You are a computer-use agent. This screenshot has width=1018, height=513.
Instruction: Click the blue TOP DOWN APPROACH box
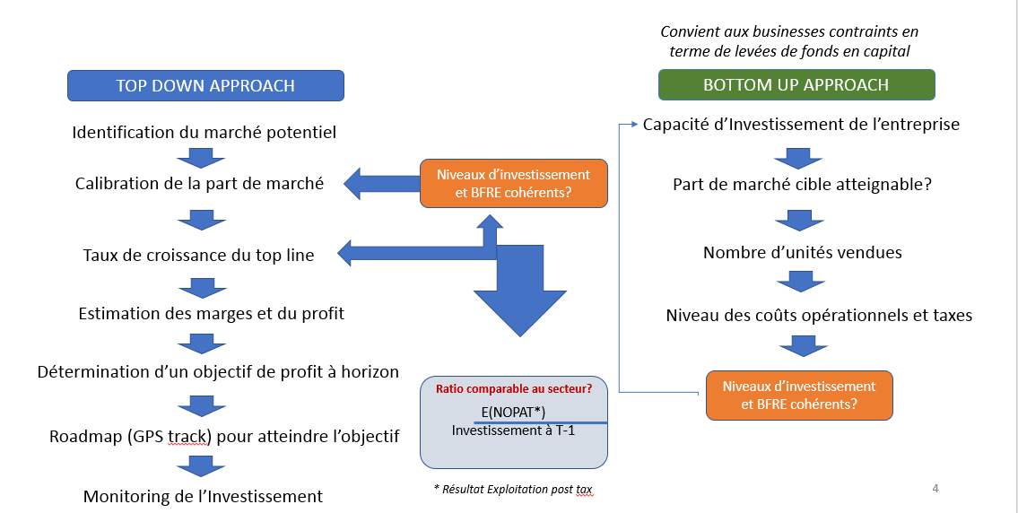(x=205, y=86)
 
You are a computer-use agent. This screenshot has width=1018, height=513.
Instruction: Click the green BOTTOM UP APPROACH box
(x=796, y=85)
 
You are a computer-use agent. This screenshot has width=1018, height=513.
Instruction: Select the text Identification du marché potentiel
(x=204, y=133)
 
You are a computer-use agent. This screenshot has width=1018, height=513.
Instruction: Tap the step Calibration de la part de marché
(x=199, y=184)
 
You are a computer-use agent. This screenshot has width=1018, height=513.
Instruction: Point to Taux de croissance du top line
(x=198, y=256)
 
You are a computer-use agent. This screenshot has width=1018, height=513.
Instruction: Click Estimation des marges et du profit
(x=211, y=314)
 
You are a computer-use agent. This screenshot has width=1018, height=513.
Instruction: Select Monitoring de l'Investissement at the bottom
(x=203, y=496)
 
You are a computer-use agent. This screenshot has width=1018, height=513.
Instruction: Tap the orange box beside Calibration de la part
(x=513, y=182)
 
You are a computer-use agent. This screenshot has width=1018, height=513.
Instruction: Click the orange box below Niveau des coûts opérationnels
(x=799, y=395)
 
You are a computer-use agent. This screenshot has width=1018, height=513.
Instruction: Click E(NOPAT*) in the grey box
(x=513, y=412)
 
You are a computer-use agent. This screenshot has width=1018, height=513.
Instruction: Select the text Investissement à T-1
(x=512, y=430)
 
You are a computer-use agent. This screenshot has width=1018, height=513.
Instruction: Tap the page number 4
(x=935, y=489)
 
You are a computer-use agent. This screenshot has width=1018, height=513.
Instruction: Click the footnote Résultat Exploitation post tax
(x=512, y=490)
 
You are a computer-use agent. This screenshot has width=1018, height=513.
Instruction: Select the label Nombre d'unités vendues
(x=802, y=253)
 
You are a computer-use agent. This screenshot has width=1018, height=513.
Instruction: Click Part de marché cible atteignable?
(x=802, y=185)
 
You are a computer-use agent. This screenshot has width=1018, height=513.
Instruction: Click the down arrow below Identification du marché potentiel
(x=201, y=159)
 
